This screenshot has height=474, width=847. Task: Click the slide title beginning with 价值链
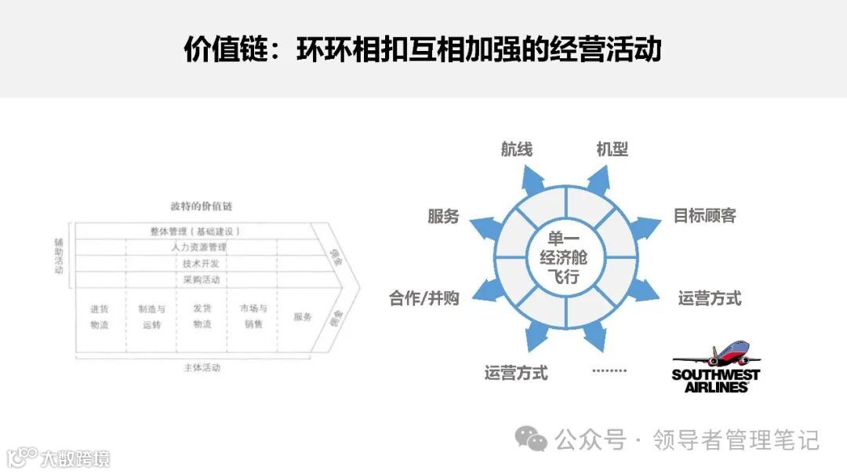[x=423, y=49]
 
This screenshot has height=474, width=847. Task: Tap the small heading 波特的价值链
[x=201, y=206]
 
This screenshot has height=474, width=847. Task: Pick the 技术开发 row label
[x=201, y=264]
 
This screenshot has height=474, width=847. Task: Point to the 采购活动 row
[x=201, y=280]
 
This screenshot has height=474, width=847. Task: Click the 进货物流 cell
[x=99, y=316]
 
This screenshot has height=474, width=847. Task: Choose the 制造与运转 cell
[x=151, y=316]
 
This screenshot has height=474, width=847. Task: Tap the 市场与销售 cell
[x=253, y=316]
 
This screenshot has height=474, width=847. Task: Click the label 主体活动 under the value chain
[x=201, y=367]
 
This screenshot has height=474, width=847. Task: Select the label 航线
[x=517, y=148]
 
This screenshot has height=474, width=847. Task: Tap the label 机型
[x=612, y=148]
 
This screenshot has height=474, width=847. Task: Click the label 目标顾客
[x=704, y=216]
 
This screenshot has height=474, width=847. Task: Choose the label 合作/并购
[x=424, y=298]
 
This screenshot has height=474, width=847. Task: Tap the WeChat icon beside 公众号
[x=531, y=439]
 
